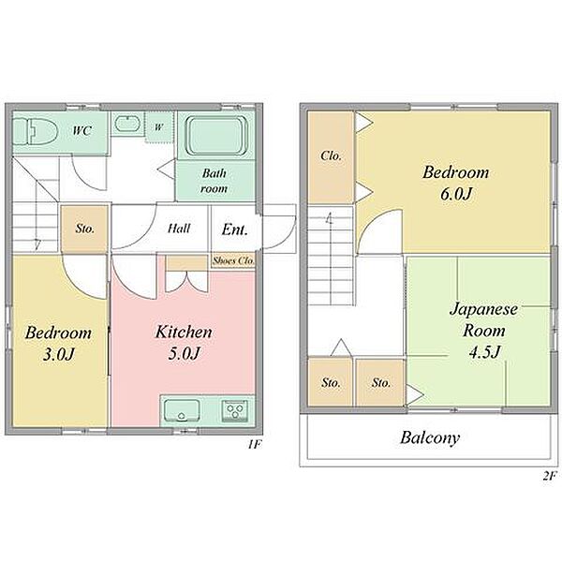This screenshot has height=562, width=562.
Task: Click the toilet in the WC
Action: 36,132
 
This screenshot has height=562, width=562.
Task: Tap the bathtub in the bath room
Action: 216,136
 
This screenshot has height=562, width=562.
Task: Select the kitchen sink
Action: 182,411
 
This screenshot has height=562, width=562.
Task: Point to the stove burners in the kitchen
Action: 235,410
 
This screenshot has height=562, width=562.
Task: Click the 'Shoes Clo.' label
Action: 233,260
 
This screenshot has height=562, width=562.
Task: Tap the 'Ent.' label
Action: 235,229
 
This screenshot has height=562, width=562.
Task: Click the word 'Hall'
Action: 179,228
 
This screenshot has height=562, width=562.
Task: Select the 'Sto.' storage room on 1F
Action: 84,229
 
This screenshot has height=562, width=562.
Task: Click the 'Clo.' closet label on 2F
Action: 331,155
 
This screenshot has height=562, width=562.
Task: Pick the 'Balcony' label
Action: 430,438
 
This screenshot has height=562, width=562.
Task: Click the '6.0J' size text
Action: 455,194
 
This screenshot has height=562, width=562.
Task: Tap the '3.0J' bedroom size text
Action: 59,354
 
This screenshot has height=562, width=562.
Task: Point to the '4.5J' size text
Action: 484,351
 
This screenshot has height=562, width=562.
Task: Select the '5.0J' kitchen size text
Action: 184,353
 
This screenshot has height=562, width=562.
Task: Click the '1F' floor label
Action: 255,445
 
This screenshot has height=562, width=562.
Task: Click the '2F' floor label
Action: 549,476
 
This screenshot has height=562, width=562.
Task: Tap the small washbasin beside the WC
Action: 127,124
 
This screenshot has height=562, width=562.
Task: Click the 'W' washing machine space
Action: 159,127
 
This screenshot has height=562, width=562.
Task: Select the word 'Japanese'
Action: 484,310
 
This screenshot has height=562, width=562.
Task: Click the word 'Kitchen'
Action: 184,332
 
